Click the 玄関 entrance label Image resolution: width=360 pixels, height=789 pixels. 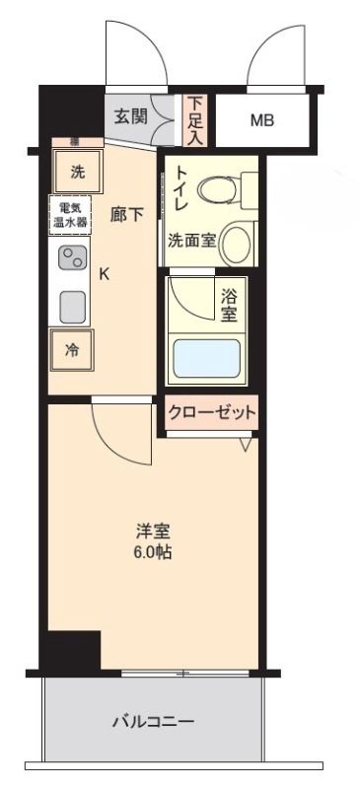point(130,116)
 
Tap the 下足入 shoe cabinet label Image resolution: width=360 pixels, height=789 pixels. point(195,119)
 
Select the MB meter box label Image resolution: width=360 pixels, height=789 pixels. point(261,120)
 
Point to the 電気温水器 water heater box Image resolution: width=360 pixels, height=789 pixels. point(71,215)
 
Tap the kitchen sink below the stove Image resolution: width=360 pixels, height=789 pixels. point(72,307)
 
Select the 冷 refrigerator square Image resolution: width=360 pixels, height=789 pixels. point(72,348)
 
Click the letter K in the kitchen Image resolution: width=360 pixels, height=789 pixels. point(104,275)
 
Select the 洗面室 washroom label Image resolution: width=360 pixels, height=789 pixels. point(191,240)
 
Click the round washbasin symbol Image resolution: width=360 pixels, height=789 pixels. point(236,242)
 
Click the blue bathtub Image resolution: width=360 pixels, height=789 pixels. point(207,359)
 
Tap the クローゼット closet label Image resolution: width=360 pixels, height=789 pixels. point(212,411)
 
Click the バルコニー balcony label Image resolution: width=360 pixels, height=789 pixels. point(152,721)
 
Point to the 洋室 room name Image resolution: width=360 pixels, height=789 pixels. point(153,532)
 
